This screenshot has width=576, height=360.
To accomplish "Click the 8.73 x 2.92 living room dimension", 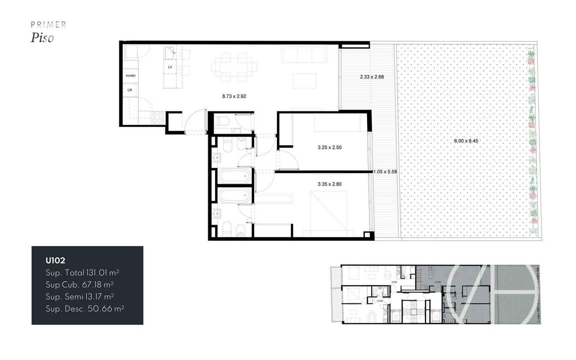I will click(x=234, y=96).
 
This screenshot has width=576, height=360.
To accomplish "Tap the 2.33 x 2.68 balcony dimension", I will click(x=372, y=77).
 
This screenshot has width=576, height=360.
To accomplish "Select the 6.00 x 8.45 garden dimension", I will click(x=466, y=141).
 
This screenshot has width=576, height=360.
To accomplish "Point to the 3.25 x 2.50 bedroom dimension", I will click(x=329, y=147).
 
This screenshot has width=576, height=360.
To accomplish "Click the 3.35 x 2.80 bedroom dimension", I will click(x=329, y=184).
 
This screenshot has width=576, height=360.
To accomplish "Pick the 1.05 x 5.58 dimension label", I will click(x=385, y=172).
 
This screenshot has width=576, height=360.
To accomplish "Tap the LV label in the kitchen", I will click(x=170, y=67).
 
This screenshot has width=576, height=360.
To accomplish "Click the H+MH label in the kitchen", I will click(x=130, y=76).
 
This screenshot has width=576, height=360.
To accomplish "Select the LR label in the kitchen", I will click(x=130, y=90).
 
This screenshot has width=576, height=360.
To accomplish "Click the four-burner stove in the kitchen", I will click(x=157, y=117).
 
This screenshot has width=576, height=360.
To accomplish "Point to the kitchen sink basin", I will click(x=170, y=52).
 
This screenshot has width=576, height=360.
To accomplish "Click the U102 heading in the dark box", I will click(x=55, y=260).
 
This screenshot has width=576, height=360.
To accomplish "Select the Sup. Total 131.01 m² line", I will click(x=82, y=273).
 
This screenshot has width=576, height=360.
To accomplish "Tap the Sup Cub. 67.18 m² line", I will click(x=79, y=285).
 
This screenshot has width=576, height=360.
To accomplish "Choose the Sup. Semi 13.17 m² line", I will click(x=80, y=297).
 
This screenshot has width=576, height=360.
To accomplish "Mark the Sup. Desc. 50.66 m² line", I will click(x=85, y=309).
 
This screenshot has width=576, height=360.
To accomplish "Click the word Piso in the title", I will click(x=42, y=38).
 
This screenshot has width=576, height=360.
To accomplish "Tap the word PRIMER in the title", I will click(x=48, y=24).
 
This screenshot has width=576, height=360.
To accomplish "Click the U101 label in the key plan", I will click(x=394, y=282).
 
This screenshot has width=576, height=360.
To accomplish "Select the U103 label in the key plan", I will click(x=380, y=301).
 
